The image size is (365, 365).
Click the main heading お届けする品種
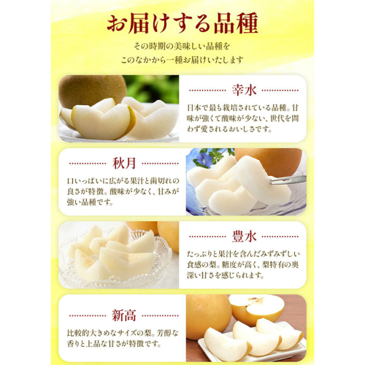(182, 25)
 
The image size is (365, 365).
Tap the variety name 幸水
(244, 91)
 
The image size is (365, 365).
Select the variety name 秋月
(124, 164)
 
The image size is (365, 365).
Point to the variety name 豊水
(244, 237)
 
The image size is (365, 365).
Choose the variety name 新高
(124, 315)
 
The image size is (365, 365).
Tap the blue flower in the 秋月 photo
(204, 158)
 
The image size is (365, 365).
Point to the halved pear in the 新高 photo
(256, 309)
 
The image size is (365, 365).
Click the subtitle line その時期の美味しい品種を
(182, 46)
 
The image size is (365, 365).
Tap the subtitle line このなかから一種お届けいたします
(182, 60)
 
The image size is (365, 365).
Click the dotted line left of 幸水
(207, 91)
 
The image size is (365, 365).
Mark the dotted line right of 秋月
(160, 164)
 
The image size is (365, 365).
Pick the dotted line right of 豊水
(280, 237)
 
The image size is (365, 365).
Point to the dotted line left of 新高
(88, 315)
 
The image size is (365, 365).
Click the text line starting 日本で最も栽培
(242, 107)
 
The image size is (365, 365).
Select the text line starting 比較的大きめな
(123, 333)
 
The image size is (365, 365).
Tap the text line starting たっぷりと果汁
(243, 254)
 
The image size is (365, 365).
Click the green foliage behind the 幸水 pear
(152, 88)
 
